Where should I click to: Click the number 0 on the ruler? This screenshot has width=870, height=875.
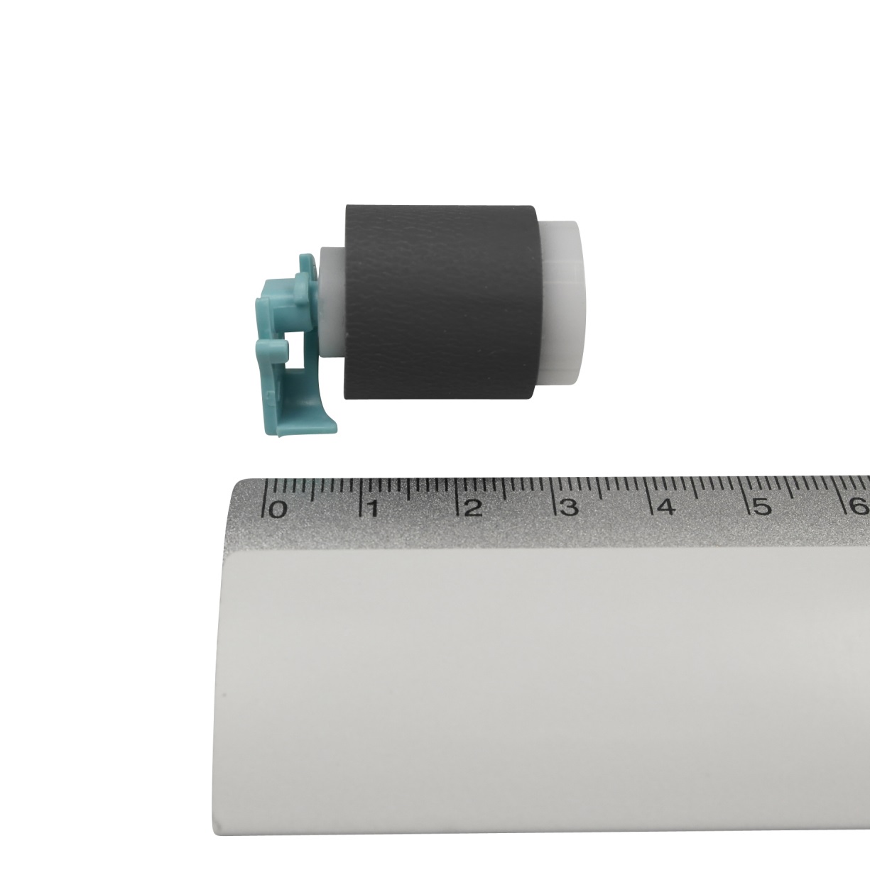click(x=278, y=510)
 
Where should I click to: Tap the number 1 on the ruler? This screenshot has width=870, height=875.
click(x=373, y=510)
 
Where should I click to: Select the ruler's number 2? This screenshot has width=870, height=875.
click(x=473, y=509)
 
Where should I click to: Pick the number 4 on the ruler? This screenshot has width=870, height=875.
click(x=666, y=507)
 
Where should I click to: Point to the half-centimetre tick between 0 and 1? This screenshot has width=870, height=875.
click(x=313, y=490)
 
